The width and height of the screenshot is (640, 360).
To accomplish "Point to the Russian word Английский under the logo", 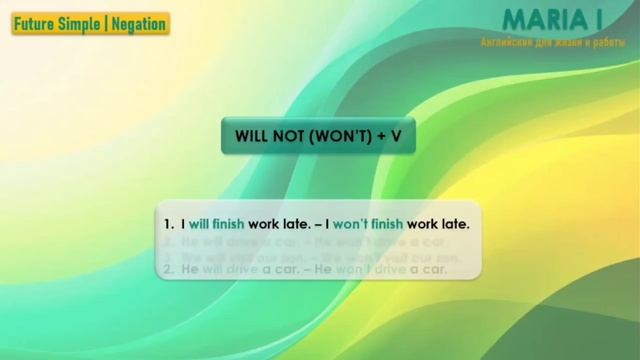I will pos(509,43).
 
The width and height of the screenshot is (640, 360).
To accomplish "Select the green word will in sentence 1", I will pos(198,224).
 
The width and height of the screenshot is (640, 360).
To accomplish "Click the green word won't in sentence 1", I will pos(350,224).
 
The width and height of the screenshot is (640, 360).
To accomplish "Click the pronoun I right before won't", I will pos(327,224).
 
